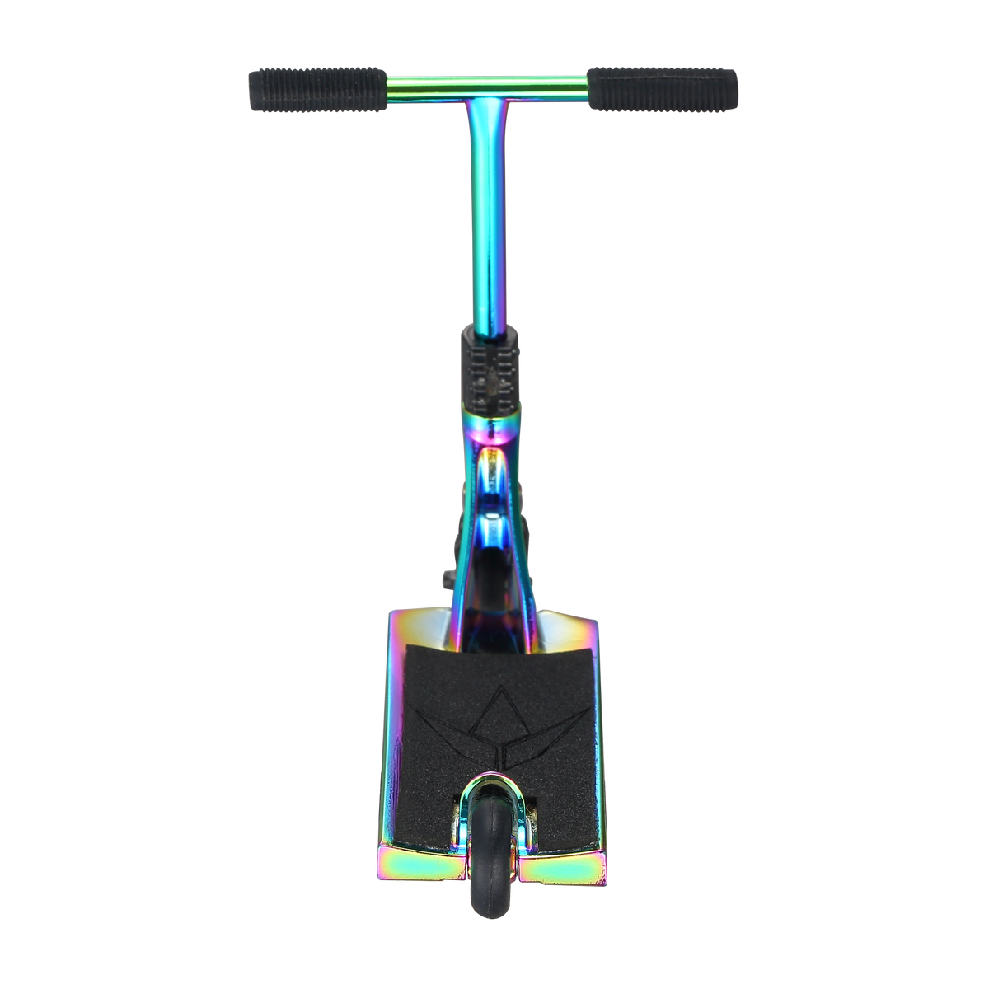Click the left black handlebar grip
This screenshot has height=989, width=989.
tap(317, 84)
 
